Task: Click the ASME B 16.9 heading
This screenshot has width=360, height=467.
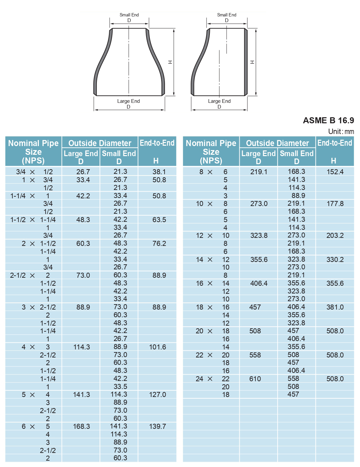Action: (x=328, y=121)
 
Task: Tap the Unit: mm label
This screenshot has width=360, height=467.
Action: (x=341, y=132)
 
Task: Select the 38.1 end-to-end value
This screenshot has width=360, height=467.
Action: (x=159, y=172)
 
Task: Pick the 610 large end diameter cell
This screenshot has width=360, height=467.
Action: (x=255, y=379)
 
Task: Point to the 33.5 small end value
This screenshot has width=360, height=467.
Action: (x=120, y=387)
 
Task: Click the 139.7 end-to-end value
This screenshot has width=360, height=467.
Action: (x=157, y=426)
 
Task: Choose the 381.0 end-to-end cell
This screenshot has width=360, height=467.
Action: (x=335, y=307)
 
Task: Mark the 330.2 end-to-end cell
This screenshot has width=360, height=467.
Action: (x=335, y=260)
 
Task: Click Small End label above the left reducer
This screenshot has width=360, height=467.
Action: (x=129, y=15)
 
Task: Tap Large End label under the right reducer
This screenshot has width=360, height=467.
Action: (x=219, y=101)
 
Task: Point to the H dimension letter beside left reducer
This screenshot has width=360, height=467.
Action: (x=170, y=62)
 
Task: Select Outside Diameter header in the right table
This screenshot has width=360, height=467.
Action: (x=277, y=143)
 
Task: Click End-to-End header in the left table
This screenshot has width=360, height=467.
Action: (x=157, y=143)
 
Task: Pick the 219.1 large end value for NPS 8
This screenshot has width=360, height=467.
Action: (x=259, y=172)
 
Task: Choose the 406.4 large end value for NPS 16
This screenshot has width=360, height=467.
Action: (x=259, y=283)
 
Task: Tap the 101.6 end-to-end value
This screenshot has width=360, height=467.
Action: (x=157, y=347)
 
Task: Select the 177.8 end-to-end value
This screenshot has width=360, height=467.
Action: (x=335, y=204)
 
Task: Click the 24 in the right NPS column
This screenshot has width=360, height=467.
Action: (x=199, y=379)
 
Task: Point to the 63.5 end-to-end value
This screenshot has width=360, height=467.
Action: (x=159, y=220)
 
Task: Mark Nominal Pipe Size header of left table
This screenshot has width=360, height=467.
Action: (x=34, y=152)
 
